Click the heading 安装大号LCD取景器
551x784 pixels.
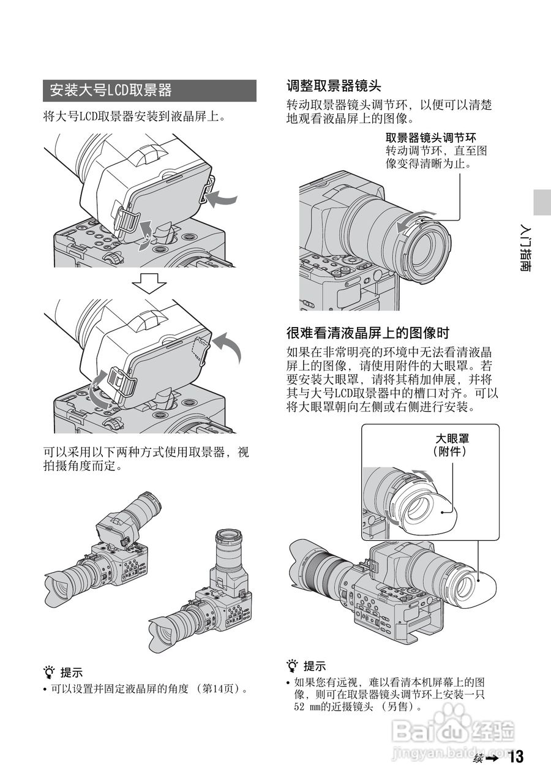(111, 91)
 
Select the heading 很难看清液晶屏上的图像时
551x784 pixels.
(368, 333)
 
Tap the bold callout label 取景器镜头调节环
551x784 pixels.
(430, 138)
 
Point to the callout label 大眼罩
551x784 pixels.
(456, 439)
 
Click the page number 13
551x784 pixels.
(515, 757)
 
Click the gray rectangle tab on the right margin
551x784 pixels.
(541, 202)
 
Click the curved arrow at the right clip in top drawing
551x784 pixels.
(221, 198)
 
